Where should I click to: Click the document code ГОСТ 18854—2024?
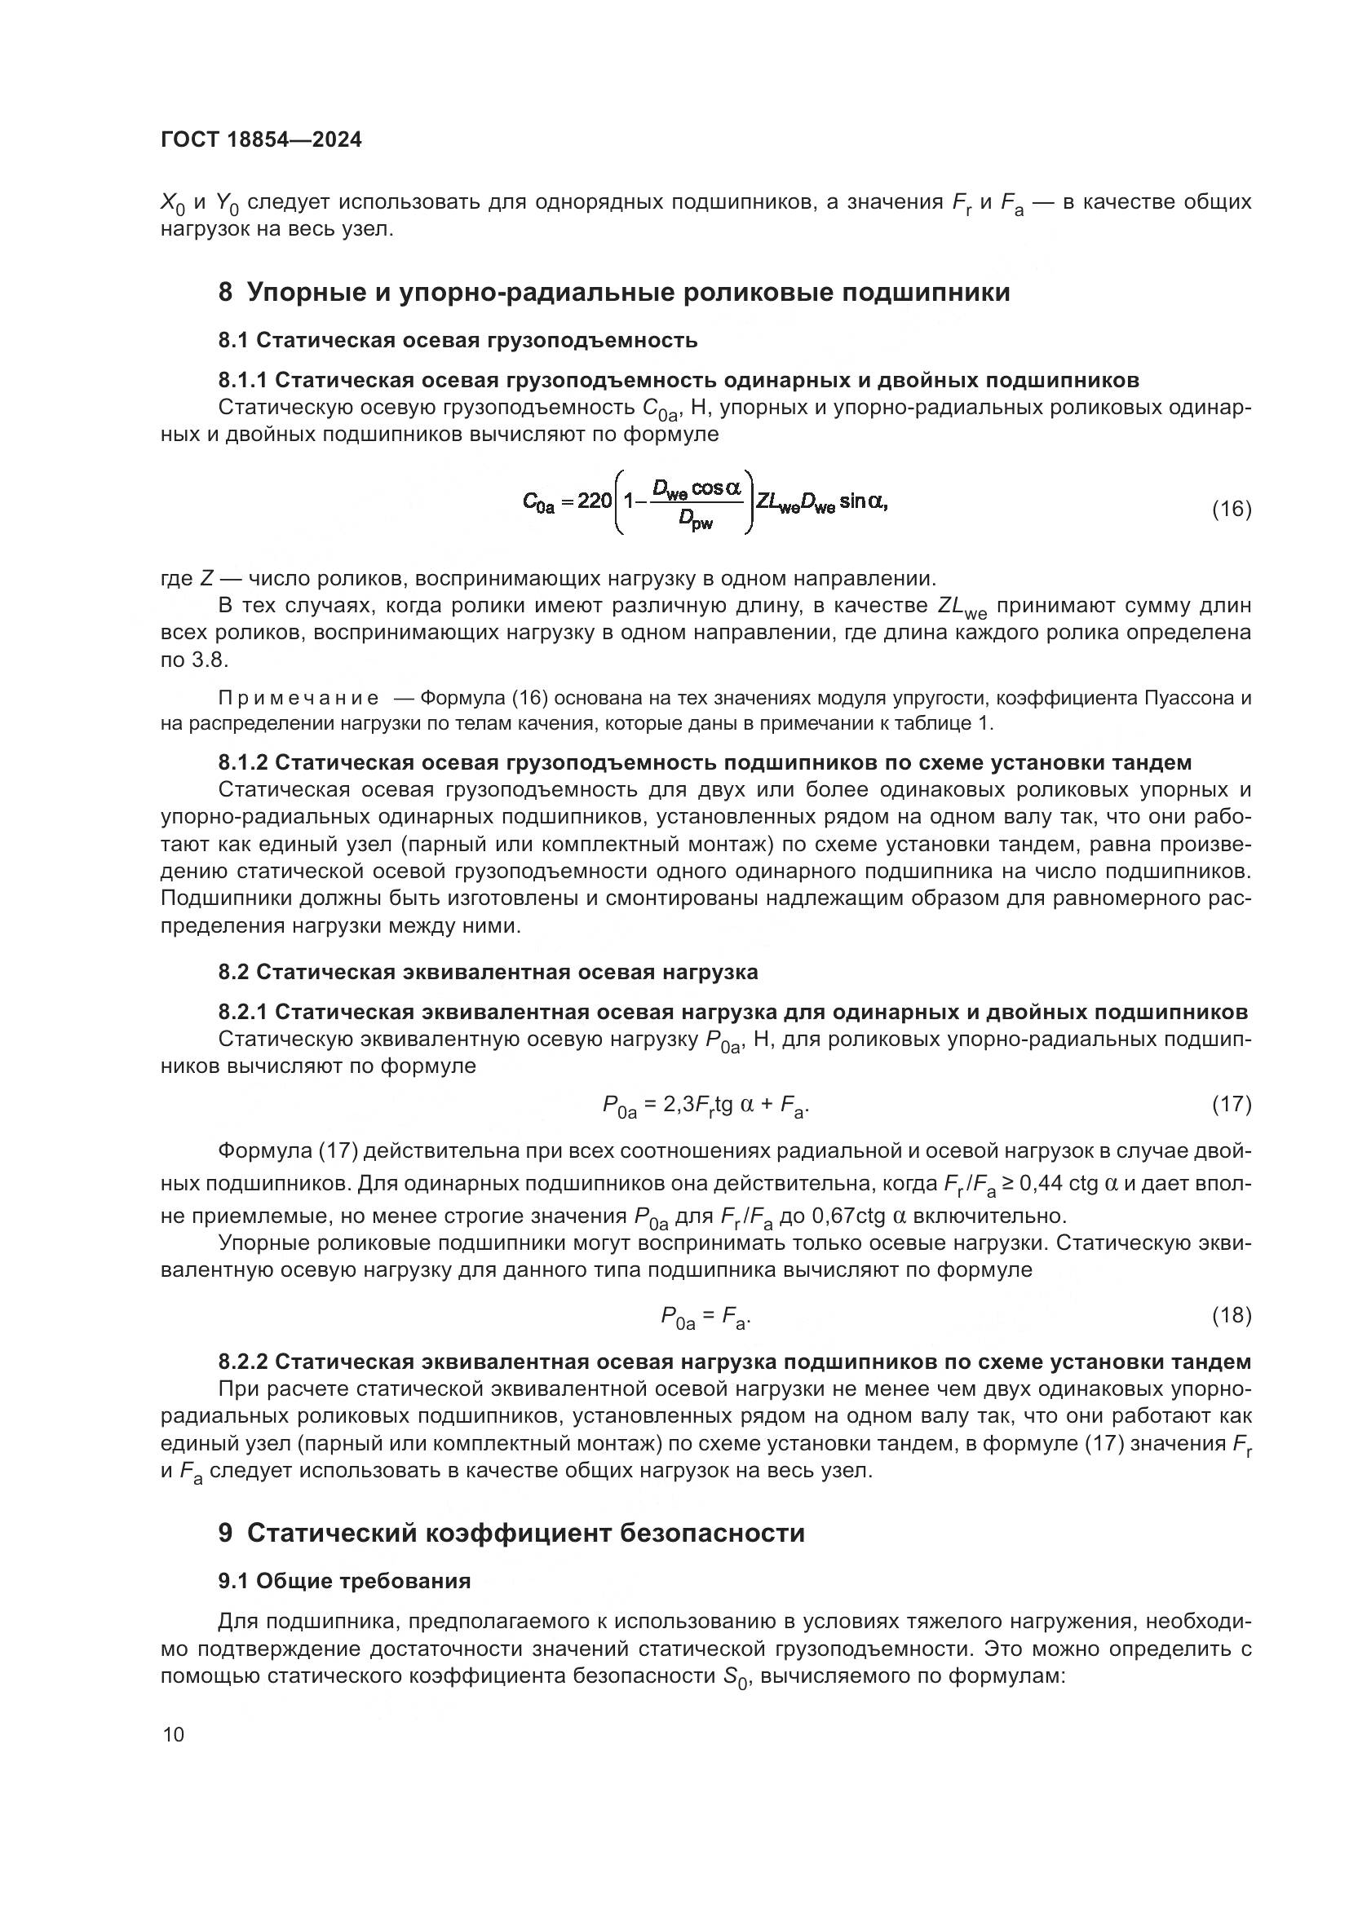(261, 139)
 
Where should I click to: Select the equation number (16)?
(1230, 508)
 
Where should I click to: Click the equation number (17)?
(1230, 1104)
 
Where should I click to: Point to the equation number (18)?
(1230, 1315)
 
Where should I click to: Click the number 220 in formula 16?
(594, 501)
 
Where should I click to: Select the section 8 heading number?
(225, 293)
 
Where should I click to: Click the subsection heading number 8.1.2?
(243, 762)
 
